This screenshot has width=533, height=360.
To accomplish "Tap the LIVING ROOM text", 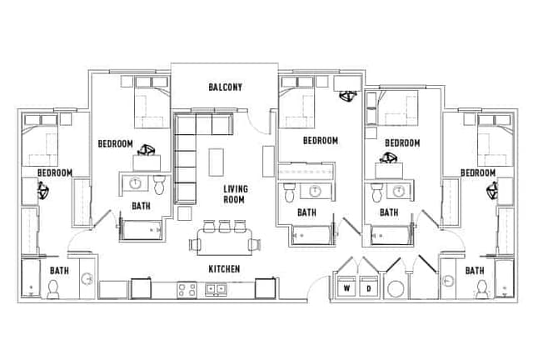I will (235, 194).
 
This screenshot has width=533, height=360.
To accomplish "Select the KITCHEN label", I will (224, 269).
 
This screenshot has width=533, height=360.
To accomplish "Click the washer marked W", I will (346, 288).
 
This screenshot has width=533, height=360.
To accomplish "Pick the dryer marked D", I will (368, 288).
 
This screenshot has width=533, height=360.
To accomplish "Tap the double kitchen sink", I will (217, 289).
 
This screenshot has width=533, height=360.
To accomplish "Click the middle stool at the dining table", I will (226, 226).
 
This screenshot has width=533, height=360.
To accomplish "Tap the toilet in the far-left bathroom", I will (52, 290).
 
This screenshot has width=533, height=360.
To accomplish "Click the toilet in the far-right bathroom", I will (481, 290).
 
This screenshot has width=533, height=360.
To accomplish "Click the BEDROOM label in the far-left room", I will (54, 172).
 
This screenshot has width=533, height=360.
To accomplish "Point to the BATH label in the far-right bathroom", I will (475, 271).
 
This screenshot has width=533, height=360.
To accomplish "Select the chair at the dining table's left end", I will (194, 245).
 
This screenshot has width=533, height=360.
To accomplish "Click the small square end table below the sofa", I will (183, 214).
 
